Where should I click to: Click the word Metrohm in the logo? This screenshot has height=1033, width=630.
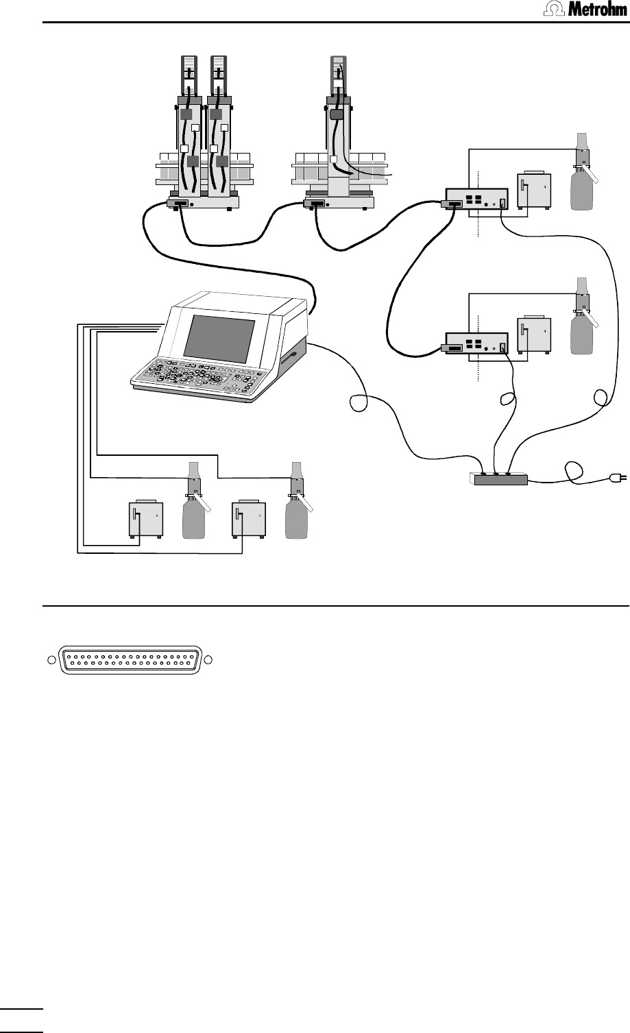pos(597,9)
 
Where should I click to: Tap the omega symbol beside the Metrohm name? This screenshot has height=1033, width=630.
pos(555,9)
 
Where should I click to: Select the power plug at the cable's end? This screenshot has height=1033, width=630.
pos(619,478)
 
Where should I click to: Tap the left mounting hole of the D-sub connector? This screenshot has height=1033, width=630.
pos(51,660)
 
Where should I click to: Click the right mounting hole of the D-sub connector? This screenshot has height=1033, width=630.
pos(208,660)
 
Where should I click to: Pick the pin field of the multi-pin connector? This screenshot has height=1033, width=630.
pos(130,660)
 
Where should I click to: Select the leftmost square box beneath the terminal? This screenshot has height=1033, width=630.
pos(146,519)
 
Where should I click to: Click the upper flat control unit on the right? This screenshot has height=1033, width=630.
pos(476,199)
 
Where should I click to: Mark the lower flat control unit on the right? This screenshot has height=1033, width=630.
pos(476,343)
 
